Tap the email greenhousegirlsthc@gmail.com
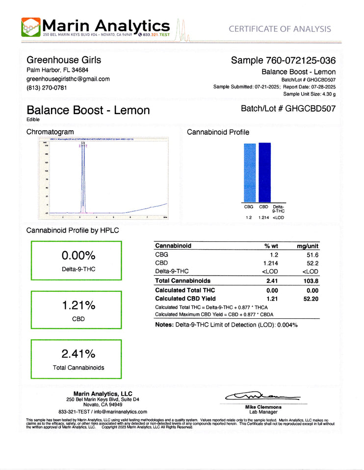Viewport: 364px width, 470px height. (x=68, y=79)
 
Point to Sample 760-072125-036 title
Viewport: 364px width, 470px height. (x=283, y=61)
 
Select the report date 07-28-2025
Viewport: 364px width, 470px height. (x=322, y=87)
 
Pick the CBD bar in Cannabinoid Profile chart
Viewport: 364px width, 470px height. (x=264, y=172)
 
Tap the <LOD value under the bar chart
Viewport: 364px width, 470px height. (x=279, y=217)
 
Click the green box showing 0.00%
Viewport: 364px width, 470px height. (x=76, y=260)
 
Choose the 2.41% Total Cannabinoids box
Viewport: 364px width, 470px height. (x=76, y=358)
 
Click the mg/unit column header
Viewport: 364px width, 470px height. (x=308, y=246)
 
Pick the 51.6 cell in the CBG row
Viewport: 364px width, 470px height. (x=313, y=255)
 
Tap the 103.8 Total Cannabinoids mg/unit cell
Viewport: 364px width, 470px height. (x=311, y=281)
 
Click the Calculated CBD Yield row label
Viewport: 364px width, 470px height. (x=185, y=298)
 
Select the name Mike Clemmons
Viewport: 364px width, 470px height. (x=263, y=407)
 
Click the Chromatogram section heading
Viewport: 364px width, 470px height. (x=50, y=132)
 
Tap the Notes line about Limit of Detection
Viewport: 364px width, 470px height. (x=226, y=325)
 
